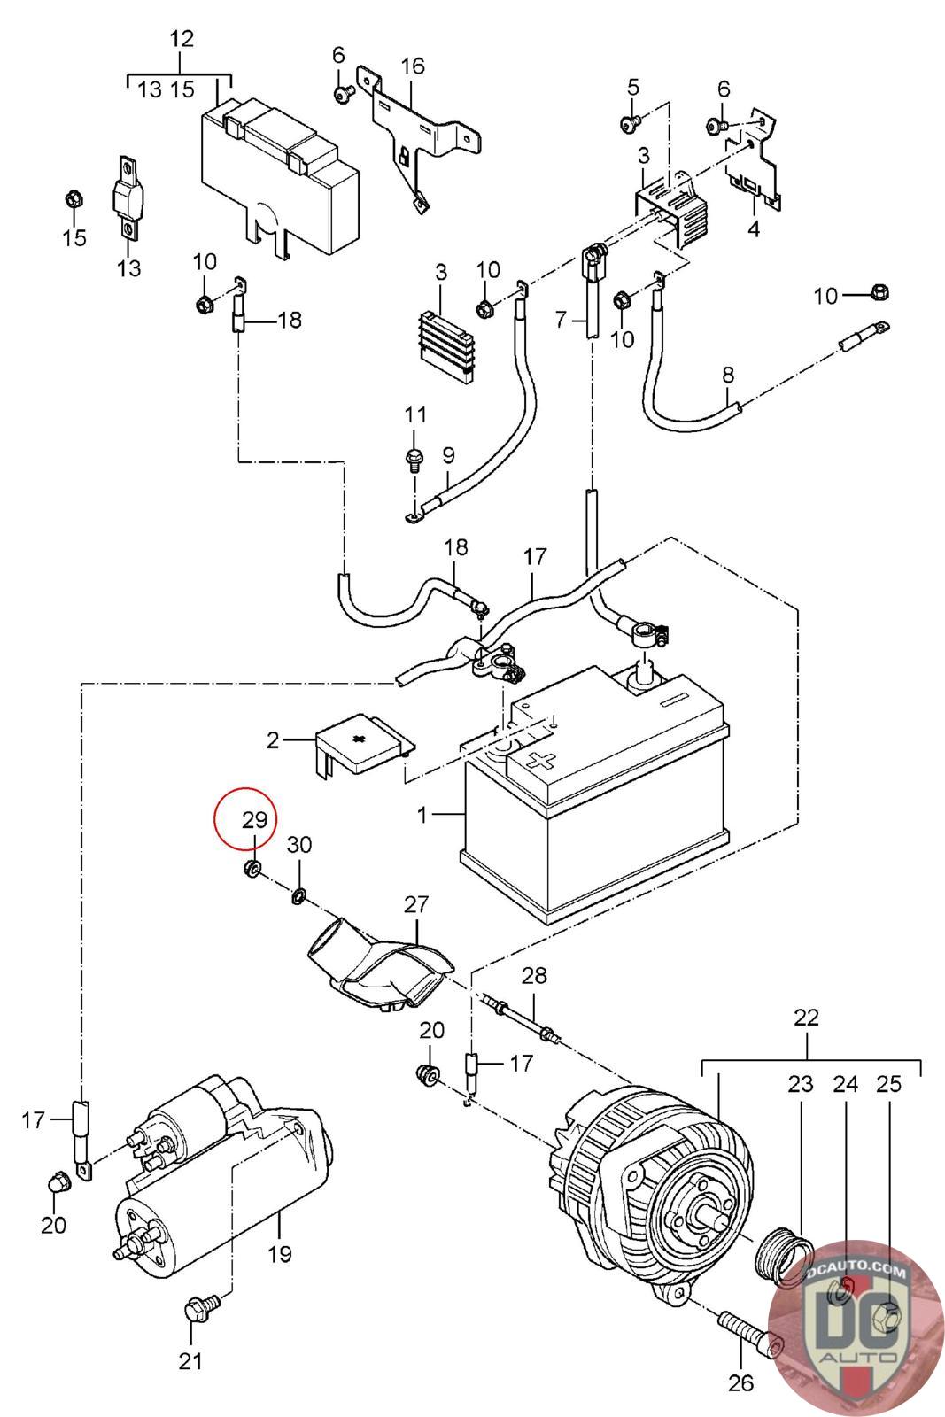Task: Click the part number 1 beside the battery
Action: (423, 813)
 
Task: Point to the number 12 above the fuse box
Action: (181, 39)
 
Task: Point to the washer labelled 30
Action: (298, 897)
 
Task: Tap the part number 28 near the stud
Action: (534, 976)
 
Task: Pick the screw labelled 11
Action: (413, 459)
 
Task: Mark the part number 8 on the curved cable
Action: (728, 375)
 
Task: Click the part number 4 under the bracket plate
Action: (754, 229)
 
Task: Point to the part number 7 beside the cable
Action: (560, 318)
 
